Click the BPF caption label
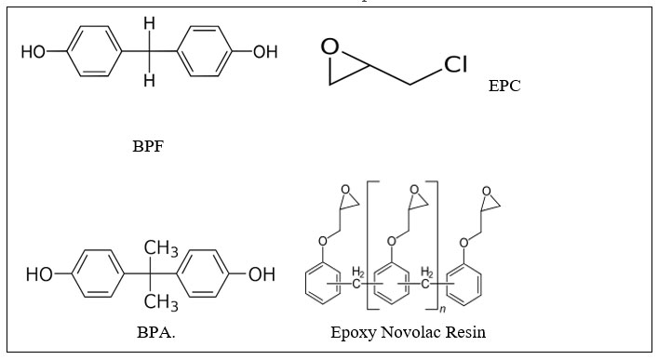click(x=148, y=146)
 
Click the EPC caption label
click(x=504, y=87)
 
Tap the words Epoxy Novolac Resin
click(x=408, y=331)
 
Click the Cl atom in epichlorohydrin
click(x=455, y=64)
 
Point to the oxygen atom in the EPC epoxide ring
click(x=329, y=45)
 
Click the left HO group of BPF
click(x=34, y=52)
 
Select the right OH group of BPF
click(x=265, y=52)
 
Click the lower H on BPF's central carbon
click(x=149, y=80)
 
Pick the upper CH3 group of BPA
click(x=161, y=248)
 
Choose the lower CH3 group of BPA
click(x=161, y=301)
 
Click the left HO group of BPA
click(x=40, y=274)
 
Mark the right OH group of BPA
click(x=262, y=274)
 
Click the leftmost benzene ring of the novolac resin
click(x=322, y=284)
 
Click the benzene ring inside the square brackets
click(x=391, y=284)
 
